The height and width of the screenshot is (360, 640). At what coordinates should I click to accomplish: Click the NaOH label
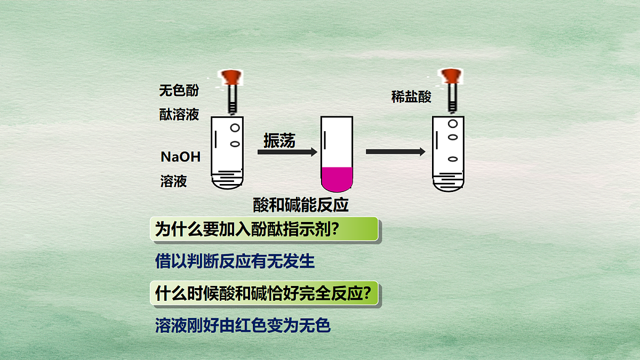(181, 157)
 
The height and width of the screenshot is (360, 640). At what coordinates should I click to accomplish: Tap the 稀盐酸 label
(411, 97)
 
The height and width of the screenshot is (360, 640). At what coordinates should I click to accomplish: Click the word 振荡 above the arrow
(279, 140)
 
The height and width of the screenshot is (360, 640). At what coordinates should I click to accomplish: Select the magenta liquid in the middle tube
(337, 179)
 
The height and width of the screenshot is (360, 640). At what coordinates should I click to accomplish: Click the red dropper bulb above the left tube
(231, 77)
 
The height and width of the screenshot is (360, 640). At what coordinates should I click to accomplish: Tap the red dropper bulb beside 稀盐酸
(451, 76)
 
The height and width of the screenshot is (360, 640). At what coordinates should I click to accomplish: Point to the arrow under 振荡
(287, 151)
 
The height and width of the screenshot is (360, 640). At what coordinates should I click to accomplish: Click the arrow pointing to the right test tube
(395, 151)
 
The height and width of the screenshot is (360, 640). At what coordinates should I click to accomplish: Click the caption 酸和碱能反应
(301, 205)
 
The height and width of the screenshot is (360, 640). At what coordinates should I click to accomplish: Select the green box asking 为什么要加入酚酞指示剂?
(264, 229)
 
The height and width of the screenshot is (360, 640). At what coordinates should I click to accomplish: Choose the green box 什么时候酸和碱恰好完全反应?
(264, 293)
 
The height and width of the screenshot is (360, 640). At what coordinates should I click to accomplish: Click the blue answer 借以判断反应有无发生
(235, 261)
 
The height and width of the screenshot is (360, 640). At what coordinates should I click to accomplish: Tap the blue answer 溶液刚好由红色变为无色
(243, 325)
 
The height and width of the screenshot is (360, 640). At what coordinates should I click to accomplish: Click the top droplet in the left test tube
(235, 127)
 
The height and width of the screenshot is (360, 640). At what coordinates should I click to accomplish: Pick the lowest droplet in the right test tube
(453, 159)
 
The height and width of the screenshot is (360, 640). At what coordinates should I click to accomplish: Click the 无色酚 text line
(179, 90)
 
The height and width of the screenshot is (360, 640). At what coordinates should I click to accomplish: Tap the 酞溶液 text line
(179, 115)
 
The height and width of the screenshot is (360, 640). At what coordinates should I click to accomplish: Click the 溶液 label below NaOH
(173, 181)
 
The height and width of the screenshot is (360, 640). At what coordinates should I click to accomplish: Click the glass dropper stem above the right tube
(452, 98)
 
